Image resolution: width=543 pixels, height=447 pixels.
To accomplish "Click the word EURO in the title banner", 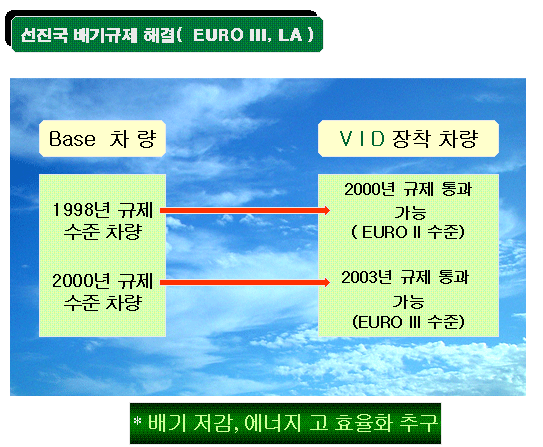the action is pyautogui.click(x=218, y=35).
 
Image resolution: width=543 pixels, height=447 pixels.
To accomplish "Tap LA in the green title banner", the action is pyautogui.click(x=290, y=35).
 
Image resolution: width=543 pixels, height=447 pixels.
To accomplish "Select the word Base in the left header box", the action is pyautogui.click(x=72, y=139).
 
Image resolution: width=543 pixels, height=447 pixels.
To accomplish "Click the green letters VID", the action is pyautogui.click(x=362, y=138).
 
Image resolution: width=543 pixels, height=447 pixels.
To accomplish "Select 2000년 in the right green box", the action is pyautogui.click(x=370, y=189).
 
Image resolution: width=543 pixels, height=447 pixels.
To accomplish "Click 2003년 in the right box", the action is pyautogui.click(x=367, y=277).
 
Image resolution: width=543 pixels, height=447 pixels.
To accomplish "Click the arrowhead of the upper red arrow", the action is pyautogui.click(x=326, y=210).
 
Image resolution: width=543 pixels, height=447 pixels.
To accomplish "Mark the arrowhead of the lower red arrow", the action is pyautogui.click(x=326, y=283).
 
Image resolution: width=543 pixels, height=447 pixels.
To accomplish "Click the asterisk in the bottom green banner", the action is pyautogui.click(x=137, y=421).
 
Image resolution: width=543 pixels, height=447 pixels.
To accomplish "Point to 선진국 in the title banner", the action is pyautogui.click(x=44, y=35).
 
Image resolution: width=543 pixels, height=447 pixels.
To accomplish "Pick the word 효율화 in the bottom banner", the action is pyautogui.click(x=363, y=423).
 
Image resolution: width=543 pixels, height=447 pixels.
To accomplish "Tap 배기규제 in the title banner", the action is pyautogui.click(x=105, y=35).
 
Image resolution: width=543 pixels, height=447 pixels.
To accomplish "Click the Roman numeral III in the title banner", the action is pyautogui.click(x=256, y=35).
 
